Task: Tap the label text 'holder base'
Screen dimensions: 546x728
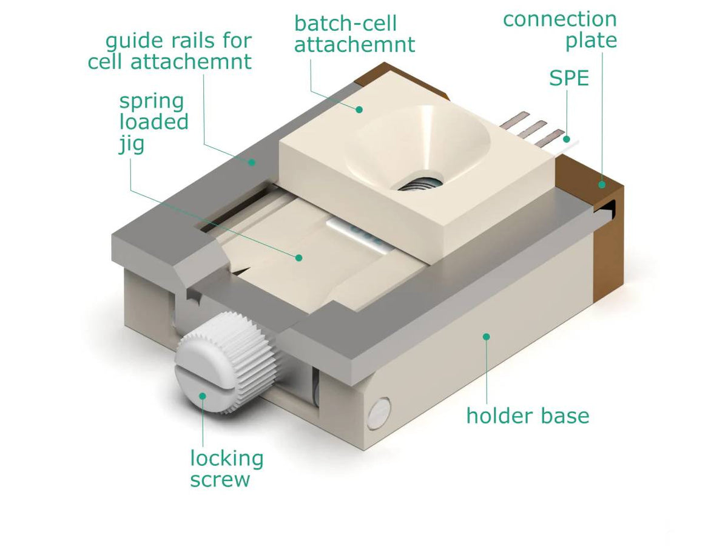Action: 527,416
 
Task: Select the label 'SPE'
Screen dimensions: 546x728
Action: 569,78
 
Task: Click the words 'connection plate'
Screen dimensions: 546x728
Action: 560,30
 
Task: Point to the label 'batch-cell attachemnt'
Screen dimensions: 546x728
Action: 354,34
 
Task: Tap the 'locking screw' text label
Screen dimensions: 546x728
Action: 226,468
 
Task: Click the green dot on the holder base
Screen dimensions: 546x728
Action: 485,335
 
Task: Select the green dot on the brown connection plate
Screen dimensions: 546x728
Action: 602,184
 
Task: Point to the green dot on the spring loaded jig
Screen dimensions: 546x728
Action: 298,257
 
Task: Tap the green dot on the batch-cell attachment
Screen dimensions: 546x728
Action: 359,109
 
